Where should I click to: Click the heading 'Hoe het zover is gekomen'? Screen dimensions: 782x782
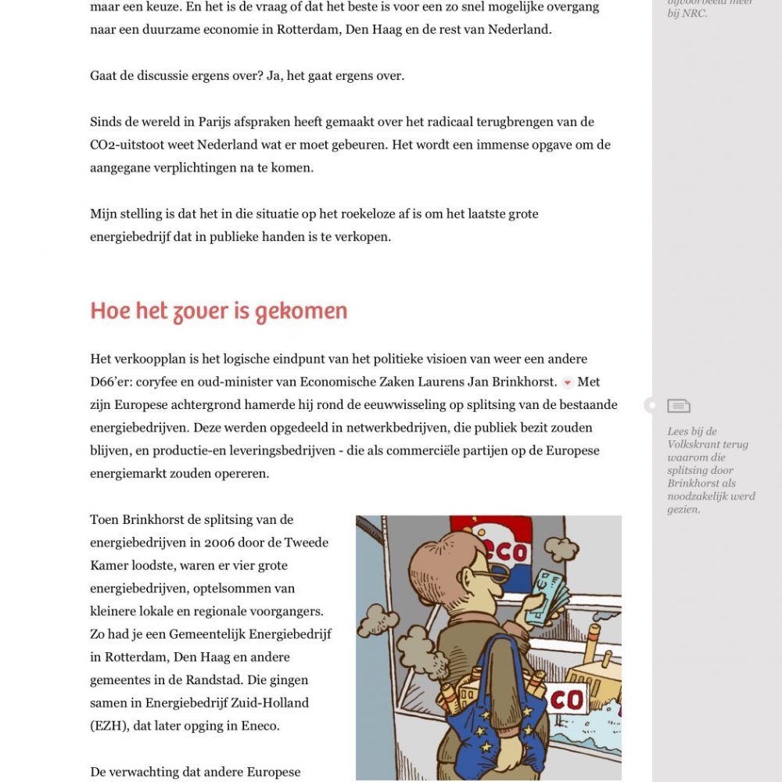click(218, 311)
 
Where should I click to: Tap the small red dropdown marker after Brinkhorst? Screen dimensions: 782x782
click(568, 382)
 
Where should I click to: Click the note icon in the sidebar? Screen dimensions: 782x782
click(679, 405)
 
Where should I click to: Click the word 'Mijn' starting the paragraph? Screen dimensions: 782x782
click(103, 213)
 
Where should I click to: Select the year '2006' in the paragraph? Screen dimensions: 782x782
click(221, 543)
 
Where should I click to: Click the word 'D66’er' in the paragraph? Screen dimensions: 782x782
click(111, 382)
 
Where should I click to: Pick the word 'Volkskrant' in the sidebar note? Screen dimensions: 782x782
click(696, 444)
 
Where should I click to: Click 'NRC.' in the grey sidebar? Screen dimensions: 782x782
click(694, 13)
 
